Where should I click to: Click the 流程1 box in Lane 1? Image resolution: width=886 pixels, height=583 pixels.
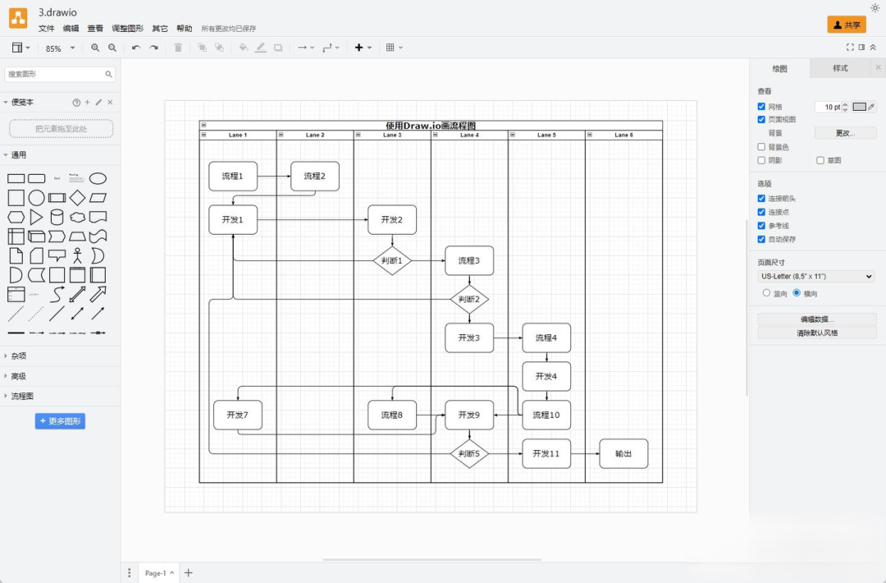tap(233, 176)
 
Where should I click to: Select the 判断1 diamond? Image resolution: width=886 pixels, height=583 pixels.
tap(392, 260)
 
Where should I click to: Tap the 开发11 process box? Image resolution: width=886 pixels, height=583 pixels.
tap(546, 453)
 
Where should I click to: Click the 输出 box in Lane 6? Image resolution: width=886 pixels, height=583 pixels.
tap(623, 453)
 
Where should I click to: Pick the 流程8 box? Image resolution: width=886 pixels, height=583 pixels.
tap(392, 415)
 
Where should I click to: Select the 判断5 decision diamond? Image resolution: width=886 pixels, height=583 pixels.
tap(469, 453)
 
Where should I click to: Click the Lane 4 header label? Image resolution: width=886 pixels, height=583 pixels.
tap(469, 135)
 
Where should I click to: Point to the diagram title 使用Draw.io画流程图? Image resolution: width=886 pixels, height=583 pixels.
tap(431, 126)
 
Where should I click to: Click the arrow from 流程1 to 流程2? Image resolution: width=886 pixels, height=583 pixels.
tap(274, 176)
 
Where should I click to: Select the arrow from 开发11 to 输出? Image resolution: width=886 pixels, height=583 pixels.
tap(585, 453)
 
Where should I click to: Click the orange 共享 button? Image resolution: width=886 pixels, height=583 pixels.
tap(847, 25)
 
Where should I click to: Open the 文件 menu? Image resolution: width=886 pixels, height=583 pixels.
tap(47, 28)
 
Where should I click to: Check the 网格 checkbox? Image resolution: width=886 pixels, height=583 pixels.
tap(762, 107)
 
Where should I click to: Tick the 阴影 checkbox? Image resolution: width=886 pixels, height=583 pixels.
tap(762, 160)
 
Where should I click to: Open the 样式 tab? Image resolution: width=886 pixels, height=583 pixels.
tap(840, 68)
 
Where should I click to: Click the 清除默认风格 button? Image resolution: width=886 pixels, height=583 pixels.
tap(817, 333)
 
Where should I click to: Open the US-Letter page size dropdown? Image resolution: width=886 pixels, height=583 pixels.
tap(816, 277)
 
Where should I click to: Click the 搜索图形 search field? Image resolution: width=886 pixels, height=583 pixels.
tap(56, 74)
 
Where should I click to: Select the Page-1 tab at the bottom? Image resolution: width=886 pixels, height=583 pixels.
tap(155, 573)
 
